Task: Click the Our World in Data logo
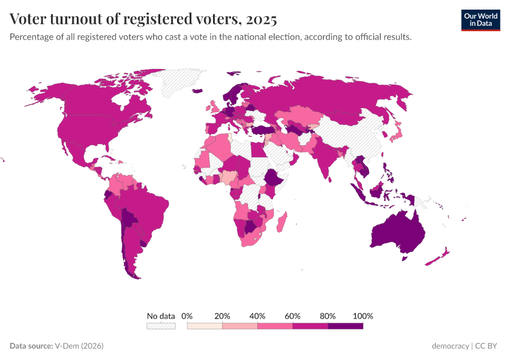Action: tap(480, 19)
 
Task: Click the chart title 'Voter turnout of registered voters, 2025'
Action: tap(143, 19)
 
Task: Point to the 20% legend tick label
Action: tap(223, 316)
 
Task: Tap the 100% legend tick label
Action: tap(363, 316)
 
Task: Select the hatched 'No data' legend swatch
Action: tap(161, 326)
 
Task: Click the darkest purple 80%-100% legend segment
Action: tap(346, 326)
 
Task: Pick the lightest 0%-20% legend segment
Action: tap(205, 326)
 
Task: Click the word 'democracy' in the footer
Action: tap(451, 346)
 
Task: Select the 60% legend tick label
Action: tap(293, 316)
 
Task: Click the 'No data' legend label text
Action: tap(161, 316)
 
